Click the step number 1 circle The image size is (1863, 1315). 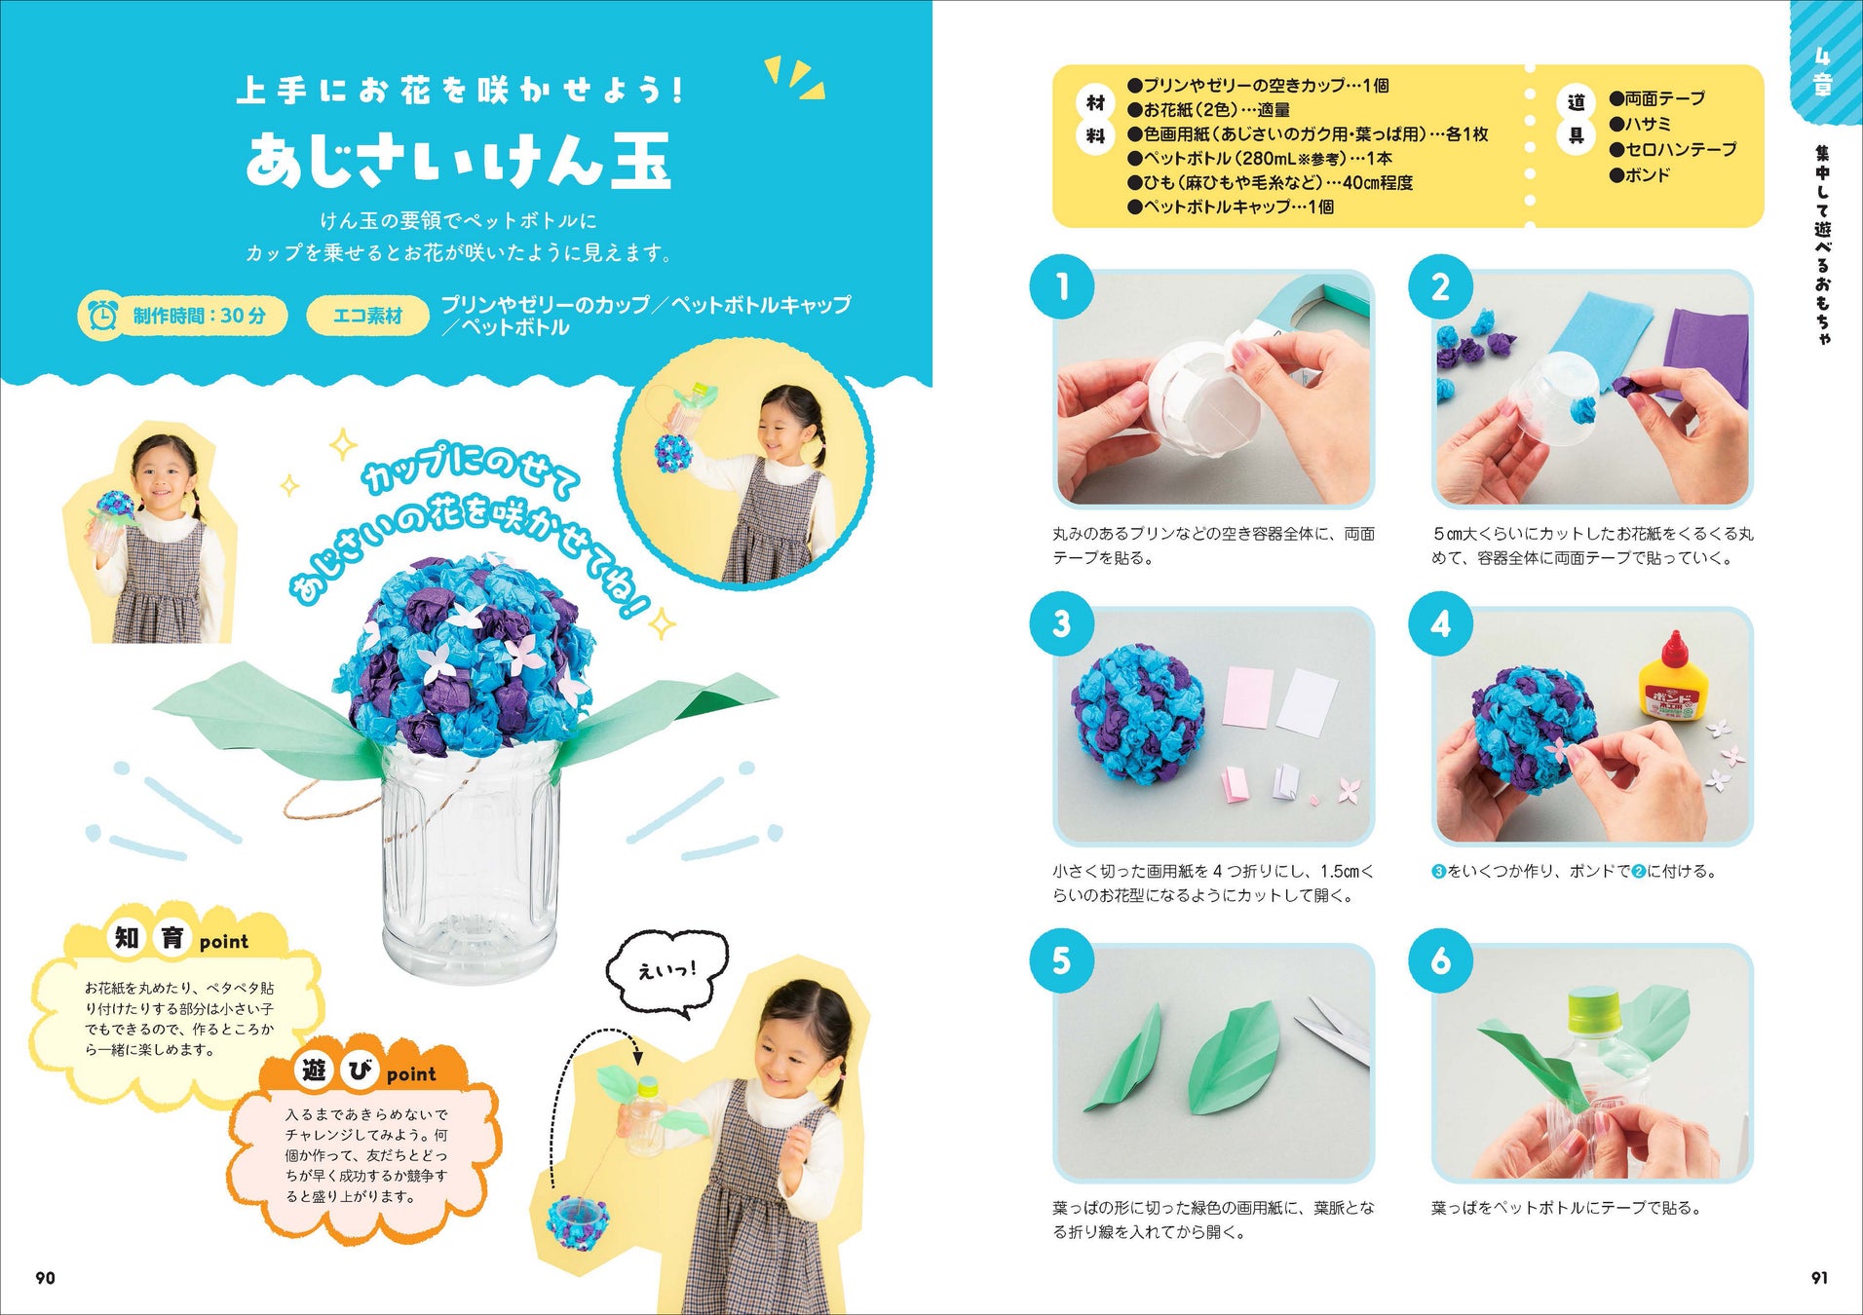[x=1062, y=286]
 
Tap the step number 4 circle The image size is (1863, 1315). [x=1440, y=623]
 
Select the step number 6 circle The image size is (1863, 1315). [x=1440, y=961]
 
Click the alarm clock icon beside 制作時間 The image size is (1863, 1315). [x=102, y=316]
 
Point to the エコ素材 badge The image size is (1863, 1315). [x=367, y=316]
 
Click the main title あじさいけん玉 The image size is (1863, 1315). [x=459, y=161]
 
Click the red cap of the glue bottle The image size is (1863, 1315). [x=1675, y=650]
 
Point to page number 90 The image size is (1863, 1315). [x=45, y=1278]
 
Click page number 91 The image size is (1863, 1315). [x=1819, y=1278]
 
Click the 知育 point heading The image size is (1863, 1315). [x=180, y=939]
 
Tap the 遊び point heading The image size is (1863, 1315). [x=366, y=1071]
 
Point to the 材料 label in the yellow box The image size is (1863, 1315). [x=1095, y=119]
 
